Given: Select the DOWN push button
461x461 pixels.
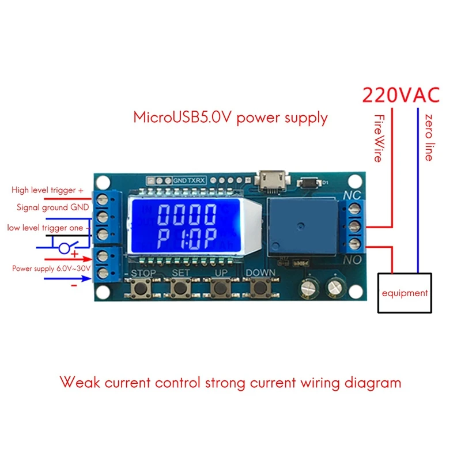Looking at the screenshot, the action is [260, 288].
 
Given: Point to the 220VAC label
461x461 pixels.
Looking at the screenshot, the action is [401, 95].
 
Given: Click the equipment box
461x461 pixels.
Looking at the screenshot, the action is [405, 293].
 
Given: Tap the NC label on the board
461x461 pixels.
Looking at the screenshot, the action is [352, 195].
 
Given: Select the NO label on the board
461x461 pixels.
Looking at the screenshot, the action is [352, 260].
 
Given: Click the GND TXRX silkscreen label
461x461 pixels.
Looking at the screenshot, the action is [189, 180].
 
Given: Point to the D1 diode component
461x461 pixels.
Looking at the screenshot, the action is [309, 183].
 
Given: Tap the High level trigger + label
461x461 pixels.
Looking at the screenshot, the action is [47, 190].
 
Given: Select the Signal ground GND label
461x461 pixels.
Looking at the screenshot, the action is [52, 207].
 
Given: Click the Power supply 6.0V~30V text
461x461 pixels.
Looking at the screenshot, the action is [51, 269].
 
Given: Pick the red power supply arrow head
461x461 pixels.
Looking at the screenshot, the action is [88, 259].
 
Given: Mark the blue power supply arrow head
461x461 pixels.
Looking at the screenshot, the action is [87, 278].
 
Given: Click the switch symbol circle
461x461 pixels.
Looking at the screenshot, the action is [65, 248].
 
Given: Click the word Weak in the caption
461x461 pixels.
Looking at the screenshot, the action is [80, 382].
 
